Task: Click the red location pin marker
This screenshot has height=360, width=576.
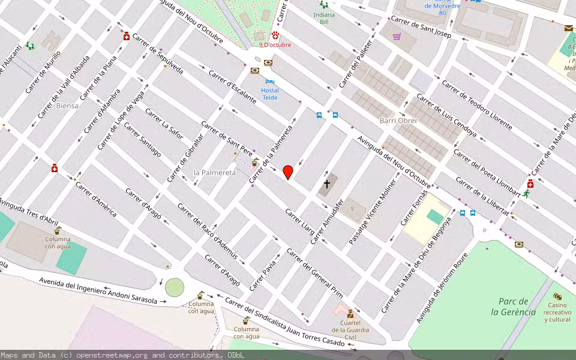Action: point(288,172)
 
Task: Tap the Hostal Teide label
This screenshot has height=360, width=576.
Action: point(270,94)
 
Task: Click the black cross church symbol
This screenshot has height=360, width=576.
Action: point(328,184)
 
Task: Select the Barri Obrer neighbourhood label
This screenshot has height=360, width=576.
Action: point(398,121)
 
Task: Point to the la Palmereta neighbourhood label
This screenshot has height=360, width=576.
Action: point(215,172)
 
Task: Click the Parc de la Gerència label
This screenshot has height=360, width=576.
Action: point(513,307)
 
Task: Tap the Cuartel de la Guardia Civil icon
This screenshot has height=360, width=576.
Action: point(350,314)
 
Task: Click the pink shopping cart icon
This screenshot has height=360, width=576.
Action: point(397,36)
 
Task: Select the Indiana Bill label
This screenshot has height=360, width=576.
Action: point(324,18)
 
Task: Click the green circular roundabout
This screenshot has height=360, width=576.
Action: point(175,287)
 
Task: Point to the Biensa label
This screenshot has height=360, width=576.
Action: point(67,106)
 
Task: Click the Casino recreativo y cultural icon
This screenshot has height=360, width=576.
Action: point(557,296)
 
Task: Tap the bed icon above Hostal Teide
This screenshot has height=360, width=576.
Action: point(270,81)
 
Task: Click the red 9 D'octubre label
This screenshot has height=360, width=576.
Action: point(275,45)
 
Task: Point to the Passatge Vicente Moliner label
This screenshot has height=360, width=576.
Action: point(373,211)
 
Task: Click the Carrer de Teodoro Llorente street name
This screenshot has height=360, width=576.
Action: point(477,104)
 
